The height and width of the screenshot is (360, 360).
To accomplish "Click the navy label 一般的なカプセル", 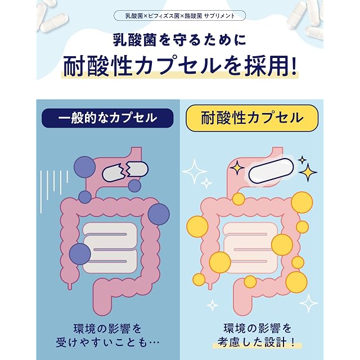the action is click(107, 118).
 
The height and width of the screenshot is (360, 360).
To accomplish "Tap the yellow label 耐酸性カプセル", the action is click(252, 118).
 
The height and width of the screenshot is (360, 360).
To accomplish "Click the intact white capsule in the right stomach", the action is click(271, 171).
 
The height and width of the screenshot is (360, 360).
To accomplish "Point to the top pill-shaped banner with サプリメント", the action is click(180, 16).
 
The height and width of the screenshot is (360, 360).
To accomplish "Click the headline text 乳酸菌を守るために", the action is click(180, 39).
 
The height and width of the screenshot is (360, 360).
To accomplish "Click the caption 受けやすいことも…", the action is click(107, 343).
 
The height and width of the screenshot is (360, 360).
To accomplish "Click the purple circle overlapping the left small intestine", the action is click(80, 254).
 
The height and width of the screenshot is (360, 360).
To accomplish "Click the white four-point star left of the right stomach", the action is click(195, 171).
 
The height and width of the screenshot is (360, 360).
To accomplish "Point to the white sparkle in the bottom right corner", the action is click(309, 303).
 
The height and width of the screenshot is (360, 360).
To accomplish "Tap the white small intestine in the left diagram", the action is click(109, 247).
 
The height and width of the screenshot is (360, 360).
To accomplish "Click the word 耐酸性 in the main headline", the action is click(97, 66).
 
